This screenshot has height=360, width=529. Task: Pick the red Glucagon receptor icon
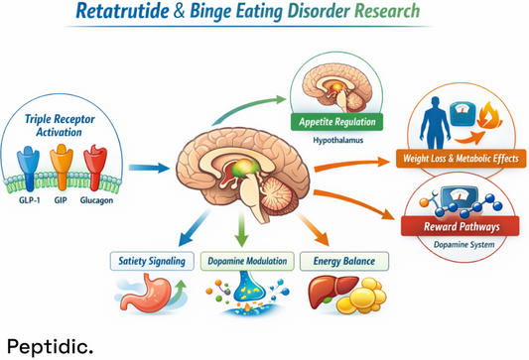[96, 163]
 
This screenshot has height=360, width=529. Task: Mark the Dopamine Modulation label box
[245, 262]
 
